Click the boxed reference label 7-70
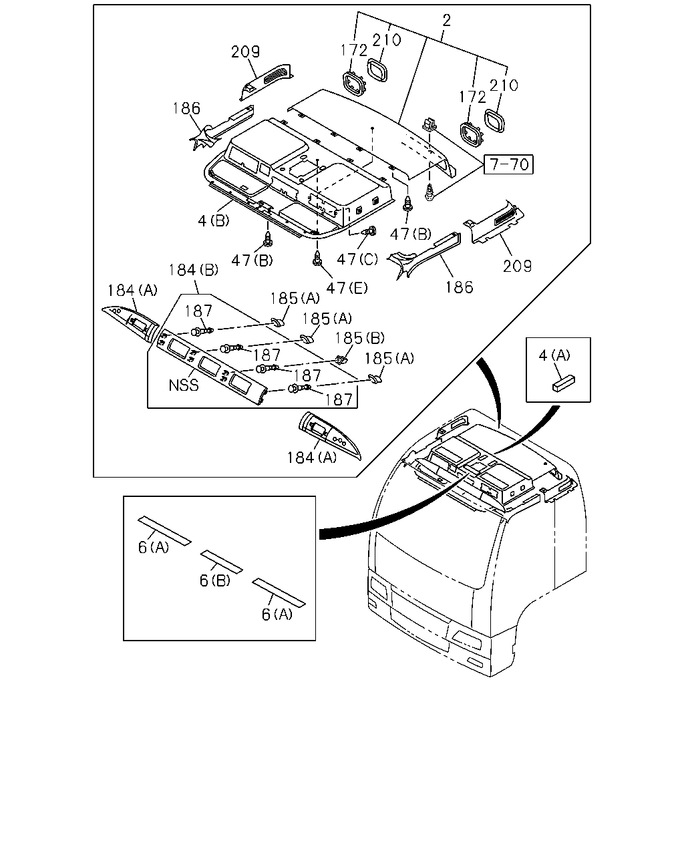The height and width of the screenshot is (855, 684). [x=508, y=164]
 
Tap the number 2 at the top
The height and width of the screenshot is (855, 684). [x=446, y=20]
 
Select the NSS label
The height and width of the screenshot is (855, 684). [x=183, y=385]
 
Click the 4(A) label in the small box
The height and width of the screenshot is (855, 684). [x=554, y=355]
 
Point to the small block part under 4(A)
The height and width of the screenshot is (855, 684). [x=564, y=383]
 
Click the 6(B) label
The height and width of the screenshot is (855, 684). [x=214, y=580]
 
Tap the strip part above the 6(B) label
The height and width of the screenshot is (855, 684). [x=221, y=561]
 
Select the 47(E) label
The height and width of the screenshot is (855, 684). [x=347, y=288]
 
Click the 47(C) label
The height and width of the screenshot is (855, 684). [x=357, y=259]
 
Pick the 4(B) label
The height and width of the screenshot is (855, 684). [x=214, y=220]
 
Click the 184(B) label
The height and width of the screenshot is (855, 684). [x=194, y=270]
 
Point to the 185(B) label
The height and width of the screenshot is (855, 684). [x=359, y=338]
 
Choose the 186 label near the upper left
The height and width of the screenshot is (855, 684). [x=186, y=108]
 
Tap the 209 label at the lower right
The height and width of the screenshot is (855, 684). [x=517, y=266]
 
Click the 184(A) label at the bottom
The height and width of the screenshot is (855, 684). [x=311, y=458]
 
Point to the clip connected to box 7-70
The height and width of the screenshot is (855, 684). [x=430, y=125]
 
